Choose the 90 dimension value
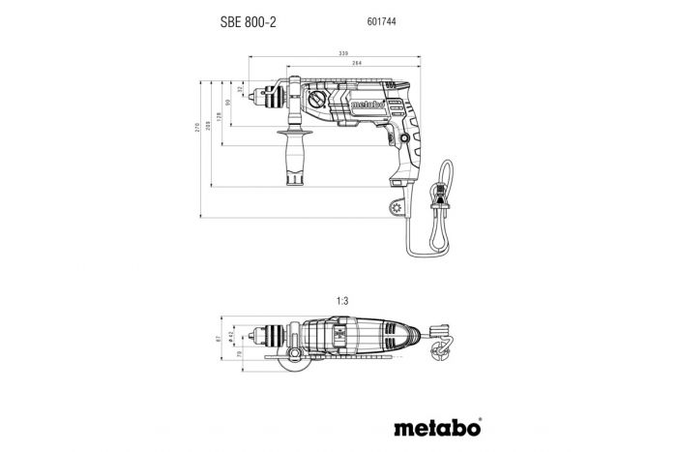[228, 104]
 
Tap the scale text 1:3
[341, 302]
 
